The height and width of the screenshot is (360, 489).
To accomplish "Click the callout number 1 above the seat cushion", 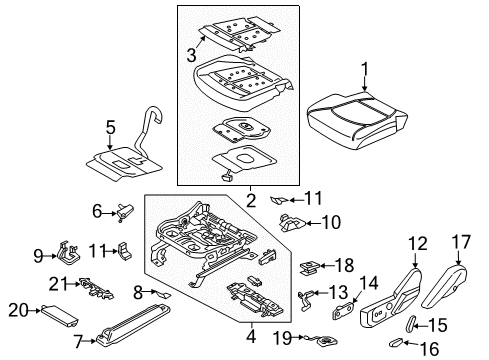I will click(x=364, y=70).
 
